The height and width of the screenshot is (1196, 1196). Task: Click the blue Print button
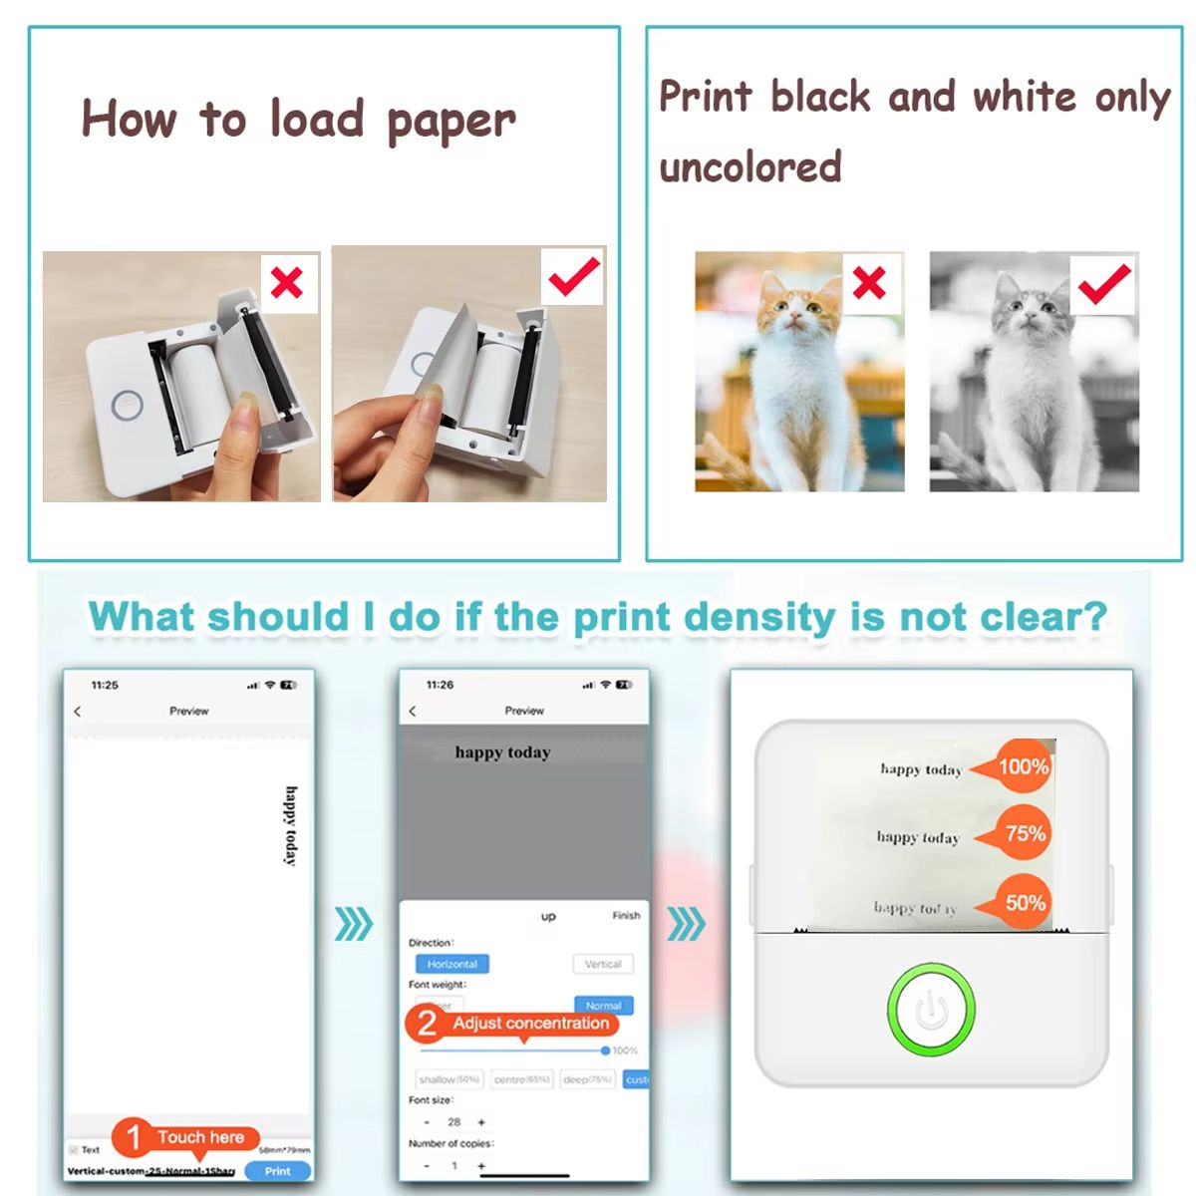pyautogui.click(x=277, y=1171)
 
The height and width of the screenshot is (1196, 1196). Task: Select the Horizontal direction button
pyautogui.click(x=451, y=964)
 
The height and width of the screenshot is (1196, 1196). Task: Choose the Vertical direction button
pyautogui.click(x=602, y=964)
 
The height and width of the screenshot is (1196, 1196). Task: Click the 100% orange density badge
pyautogui.click(x=1018, y=766)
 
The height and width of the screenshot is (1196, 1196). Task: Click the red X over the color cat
pyautogui.click(x=869, y=283)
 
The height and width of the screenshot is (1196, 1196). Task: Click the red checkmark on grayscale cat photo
pyautogui.click(x=1103, y=284)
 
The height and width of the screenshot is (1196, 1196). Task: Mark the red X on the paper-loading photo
pyautogui.click(x=287, y=283)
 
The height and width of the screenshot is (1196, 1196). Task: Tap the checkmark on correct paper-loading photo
pyautogui.click(x=574, y=277)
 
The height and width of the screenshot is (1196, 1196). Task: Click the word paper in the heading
pyautogui.click(x=450, y=122)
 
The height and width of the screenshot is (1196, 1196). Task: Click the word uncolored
pyautogui.click(x=750, y=166)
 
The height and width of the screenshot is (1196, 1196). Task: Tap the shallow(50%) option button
pyautogui.click(x=449, y=1079)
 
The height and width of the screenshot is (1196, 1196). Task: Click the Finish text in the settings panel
pyautogui.click(x=626, y=915)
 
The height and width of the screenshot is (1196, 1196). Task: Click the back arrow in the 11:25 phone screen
pyautogui.click(x=78, y=712)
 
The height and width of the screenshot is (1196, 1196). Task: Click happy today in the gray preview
pyautogui.click(x=502, y=752)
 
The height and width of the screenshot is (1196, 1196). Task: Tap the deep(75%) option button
pyautogui.click(x=588, y=1079)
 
